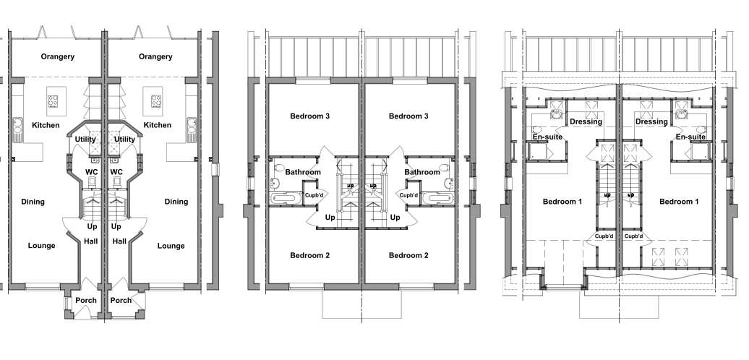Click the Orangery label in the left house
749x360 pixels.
(57, 57)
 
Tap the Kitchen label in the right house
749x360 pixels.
(157, 125)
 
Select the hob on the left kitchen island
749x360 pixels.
(53, 101)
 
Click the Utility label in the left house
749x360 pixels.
(85, 140)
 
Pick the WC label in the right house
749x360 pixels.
(116, 172)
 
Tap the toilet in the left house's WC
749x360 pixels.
(93, 181)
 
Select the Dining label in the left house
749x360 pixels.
(33, 202)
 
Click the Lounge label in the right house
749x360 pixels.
(171, 246)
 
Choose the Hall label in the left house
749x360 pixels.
(91, 241)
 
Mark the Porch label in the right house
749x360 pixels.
(121, 300)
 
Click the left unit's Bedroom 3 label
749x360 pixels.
(310, 116)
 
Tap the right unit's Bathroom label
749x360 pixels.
(422, 172)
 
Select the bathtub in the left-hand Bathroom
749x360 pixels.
(286, 198)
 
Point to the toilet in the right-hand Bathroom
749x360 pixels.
(444, 168)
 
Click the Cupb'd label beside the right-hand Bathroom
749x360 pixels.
(408, 194)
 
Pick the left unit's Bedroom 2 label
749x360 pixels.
(310, 255)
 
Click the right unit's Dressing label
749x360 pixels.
(651, 121)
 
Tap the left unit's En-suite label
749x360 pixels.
(547, 137)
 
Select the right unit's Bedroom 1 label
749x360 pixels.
(679, 202)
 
